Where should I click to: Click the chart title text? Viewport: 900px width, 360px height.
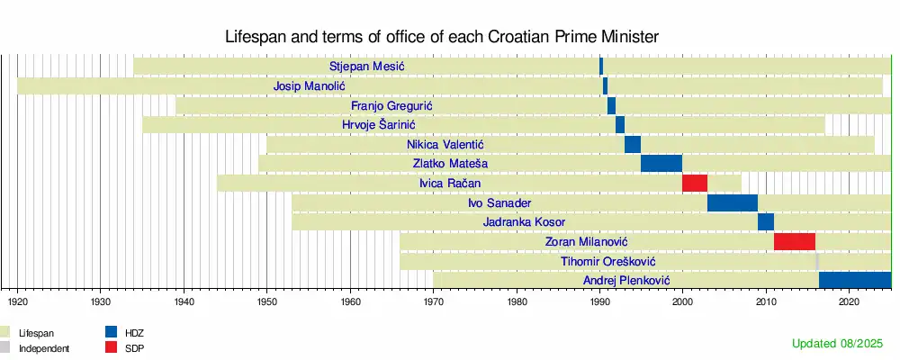pyautogui.click(x=441, y=37)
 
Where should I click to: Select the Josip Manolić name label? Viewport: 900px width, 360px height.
pyautogui.click(x=309, y=86)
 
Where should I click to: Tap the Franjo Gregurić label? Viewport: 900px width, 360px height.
pyautogui.click(x=391, y=106)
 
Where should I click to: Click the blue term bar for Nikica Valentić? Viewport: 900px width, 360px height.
pyautogui.click(x=633, y=144)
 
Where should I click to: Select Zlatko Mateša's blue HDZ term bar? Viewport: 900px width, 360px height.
pyautogui.click(x=661, y=164)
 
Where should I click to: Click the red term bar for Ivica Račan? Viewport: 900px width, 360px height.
pyautogui.click(x=695, y=184)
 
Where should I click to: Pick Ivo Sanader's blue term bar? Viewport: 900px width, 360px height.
pyautogui.click(x=733, y=202)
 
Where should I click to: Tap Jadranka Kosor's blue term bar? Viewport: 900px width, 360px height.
pyautogui.click(x=766, y=222)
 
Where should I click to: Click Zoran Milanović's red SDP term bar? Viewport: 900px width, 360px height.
pyautogui.click(x=795, y=241)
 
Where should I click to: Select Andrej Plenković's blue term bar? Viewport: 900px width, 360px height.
pyautogui.click(x=855, y=281)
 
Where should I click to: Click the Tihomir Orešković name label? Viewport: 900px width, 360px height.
pyautogui.click(x=607, y=262)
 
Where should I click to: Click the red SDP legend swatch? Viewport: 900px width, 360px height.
pyautogui.click(x=112, y=346)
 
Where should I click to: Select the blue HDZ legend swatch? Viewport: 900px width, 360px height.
pyautogui.click(x=112, y=332)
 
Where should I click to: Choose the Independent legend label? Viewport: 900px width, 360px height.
pyautogui.click(x=44, y=347)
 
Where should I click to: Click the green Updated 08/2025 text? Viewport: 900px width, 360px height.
pyautogui.click(x=838, y=344)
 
